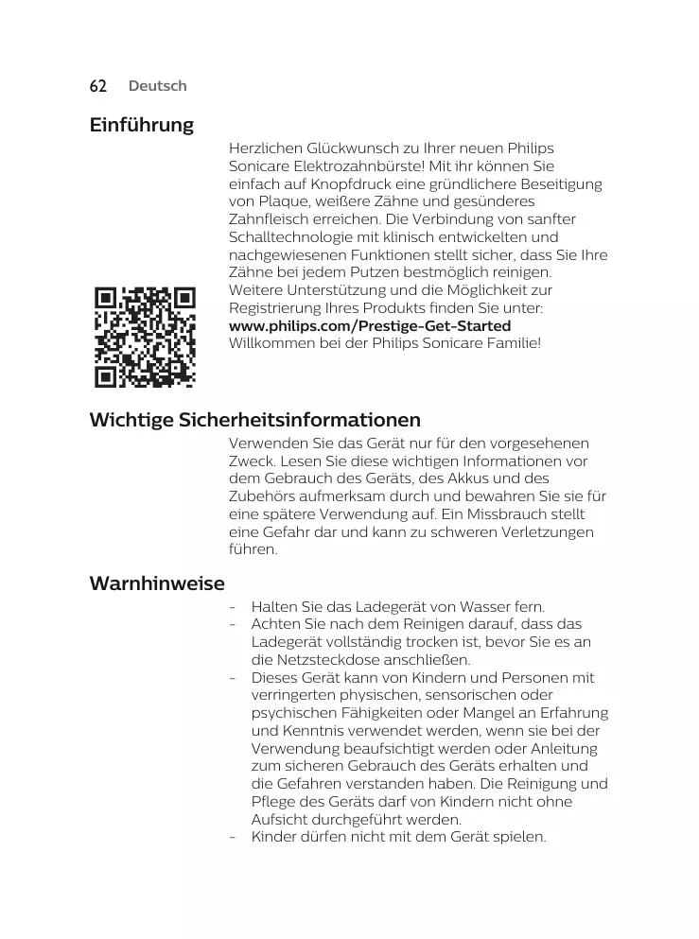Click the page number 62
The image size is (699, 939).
97,86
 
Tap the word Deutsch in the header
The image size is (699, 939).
157,86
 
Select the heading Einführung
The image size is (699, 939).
141,125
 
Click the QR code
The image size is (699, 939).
145,337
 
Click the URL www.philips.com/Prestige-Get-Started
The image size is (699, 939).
370,325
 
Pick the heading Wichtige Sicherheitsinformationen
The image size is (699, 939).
254,419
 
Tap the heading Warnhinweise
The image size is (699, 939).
157,583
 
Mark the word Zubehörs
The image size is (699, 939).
264,496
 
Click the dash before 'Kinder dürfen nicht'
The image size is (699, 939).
233,838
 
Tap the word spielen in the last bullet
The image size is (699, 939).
521,838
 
